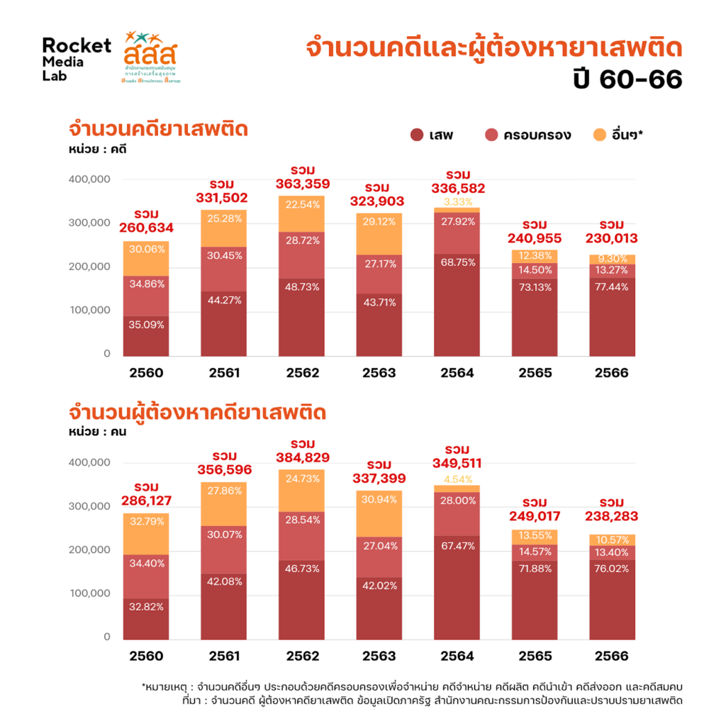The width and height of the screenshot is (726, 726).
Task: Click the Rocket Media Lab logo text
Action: tap(76, 59)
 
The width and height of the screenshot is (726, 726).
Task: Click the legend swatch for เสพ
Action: tap(417, 135)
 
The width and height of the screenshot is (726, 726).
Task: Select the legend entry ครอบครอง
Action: tap(527, 135)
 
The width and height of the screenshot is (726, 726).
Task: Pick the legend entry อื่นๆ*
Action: tap(617, 135)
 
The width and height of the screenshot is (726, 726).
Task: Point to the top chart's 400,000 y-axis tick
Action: tap(89, 179)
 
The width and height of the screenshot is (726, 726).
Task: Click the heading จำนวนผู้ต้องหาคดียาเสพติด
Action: tap(197, 412)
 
